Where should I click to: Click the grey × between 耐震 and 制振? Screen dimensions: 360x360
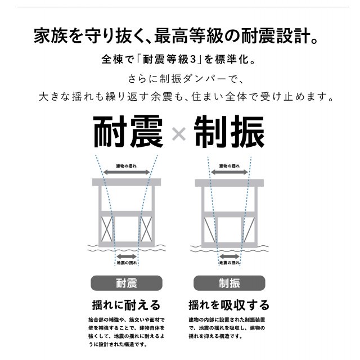(x=179, y=134)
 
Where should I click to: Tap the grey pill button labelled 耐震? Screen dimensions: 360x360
(x=127, y=283)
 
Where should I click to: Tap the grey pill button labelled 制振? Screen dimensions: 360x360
(x=229, y=283)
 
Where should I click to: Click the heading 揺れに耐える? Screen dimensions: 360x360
(x=126, y=305)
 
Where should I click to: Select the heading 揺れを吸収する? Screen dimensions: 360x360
(x=229, y=305)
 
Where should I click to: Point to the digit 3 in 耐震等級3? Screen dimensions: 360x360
(x=193, y=60)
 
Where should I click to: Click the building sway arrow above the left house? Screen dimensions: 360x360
(x=127, y=172)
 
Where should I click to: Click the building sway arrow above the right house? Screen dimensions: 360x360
(x=229, y=172)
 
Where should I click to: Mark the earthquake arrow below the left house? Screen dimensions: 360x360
(x=127, y=256)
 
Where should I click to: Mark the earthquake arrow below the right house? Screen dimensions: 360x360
(x=229, y=256)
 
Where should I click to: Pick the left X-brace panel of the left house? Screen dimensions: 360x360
(x=107, y=229)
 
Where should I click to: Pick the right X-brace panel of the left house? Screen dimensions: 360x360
(x=146, y=229)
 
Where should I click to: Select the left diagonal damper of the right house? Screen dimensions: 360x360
(x=209, y=229)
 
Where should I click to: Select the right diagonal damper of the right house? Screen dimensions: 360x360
(x=249, y=229)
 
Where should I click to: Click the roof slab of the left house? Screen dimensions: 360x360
(x=127, y=182)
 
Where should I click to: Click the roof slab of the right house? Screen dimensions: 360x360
(x=229, y=183)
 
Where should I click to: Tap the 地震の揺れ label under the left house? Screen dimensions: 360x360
(x=127, y=263)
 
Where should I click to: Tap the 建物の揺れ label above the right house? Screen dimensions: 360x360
(x=229, y=166)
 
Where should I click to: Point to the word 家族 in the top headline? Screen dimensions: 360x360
(x=51, y=36)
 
